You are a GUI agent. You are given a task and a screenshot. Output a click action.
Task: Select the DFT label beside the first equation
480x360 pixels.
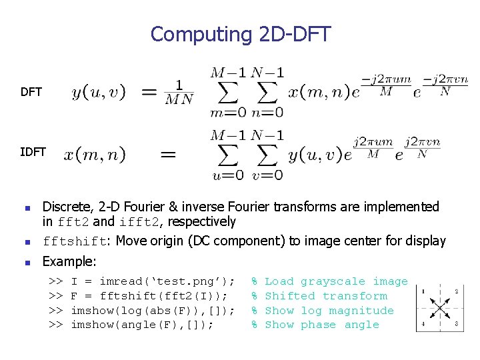(x=31, y=92)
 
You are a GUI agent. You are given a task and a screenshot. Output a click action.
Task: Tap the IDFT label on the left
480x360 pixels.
(x=33, y=152)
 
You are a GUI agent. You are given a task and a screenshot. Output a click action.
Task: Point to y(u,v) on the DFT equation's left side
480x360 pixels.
(x=98, y=92)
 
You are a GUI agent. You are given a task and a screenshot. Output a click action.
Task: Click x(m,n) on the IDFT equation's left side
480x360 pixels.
(x=95, y=155)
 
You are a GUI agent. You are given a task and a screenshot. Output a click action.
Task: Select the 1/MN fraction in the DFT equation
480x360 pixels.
(x=179, y=92)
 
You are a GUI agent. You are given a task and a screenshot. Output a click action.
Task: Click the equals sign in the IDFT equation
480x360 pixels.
(x=168, y=155)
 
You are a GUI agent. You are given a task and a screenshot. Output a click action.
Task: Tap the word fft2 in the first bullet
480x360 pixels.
(x=75, y=222)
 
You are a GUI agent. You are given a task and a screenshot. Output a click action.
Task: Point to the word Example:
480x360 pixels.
(x=69, y=261)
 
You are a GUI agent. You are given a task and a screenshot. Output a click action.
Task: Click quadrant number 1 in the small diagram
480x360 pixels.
(x=423, y=291)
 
